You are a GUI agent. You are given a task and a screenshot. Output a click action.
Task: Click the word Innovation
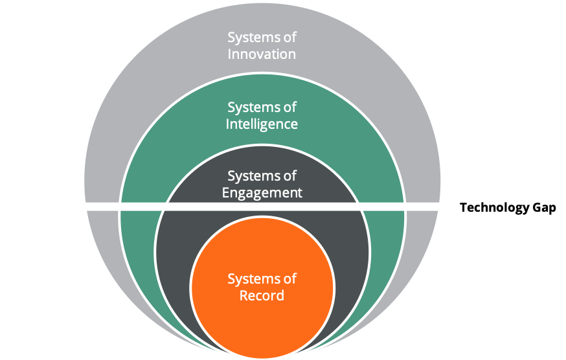pos(262,54)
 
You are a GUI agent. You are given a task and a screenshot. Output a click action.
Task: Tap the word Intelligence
pos(262,124)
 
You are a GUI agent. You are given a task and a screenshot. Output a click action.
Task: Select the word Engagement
pos(262,193)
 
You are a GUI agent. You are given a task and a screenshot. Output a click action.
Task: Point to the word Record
pos(262,295)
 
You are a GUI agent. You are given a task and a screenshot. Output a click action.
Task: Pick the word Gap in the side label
pos(545,208)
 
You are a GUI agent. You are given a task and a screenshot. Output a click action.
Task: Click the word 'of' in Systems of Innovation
pos(288,37)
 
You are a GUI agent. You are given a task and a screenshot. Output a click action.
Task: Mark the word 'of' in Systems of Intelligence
pos(288,107)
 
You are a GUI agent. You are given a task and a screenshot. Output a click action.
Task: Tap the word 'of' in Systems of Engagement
pos(288,176)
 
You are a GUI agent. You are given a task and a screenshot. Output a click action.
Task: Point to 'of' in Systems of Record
pos(288,278)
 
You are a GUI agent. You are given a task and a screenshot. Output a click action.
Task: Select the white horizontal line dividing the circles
pos(262,207)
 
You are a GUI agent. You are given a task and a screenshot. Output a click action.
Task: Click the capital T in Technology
pos(464,207)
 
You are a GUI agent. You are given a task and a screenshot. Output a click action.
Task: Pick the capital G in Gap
pos(538,207)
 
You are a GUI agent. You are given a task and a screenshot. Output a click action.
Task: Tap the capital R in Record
pos(243,295)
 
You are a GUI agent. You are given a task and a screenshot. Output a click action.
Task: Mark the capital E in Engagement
pos(225,192)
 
